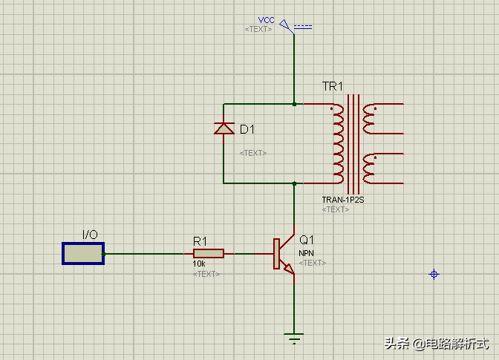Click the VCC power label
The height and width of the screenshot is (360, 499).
266,19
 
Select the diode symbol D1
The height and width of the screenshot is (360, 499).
224,129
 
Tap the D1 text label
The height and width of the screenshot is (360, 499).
247,130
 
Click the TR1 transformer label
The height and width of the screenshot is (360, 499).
333,87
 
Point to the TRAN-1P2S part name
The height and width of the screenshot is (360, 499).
342,200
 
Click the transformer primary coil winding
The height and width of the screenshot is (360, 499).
338,143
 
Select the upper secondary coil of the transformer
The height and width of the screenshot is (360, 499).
369,117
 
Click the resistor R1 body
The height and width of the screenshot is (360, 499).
208,253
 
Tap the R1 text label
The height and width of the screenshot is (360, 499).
200,240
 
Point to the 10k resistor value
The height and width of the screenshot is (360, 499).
199,264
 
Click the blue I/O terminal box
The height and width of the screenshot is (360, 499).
82,253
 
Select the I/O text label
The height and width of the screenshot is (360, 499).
90,235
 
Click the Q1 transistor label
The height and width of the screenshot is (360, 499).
307,240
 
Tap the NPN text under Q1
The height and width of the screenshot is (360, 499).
307,253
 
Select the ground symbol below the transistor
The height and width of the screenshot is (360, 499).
295,338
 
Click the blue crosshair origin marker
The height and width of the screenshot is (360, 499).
434,275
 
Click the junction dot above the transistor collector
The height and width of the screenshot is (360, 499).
295,183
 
